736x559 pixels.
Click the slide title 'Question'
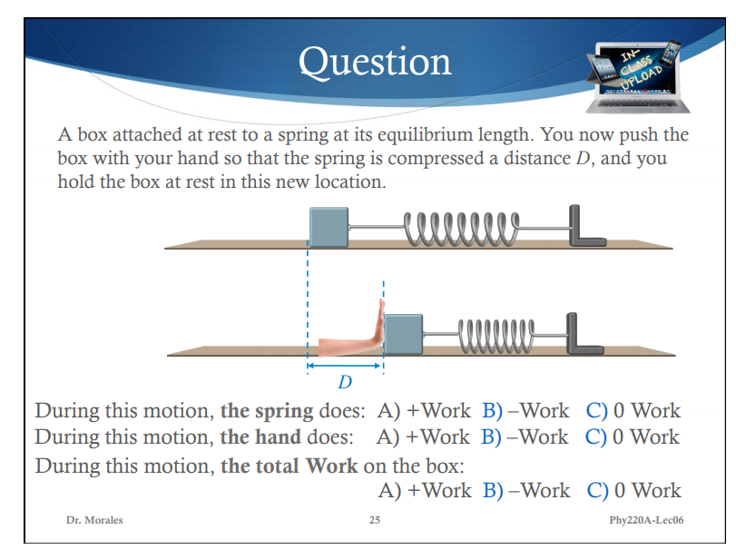375,61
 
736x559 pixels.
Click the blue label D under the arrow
345,380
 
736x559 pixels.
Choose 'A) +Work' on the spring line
423,410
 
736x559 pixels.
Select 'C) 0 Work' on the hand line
633,436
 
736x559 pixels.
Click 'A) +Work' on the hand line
423,436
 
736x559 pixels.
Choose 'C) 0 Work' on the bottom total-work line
633,490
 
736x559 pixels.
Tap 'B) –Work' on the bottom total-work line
525,490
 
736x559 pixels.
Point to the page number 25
375,520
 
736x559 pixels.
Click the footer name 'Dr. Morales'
94,520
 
